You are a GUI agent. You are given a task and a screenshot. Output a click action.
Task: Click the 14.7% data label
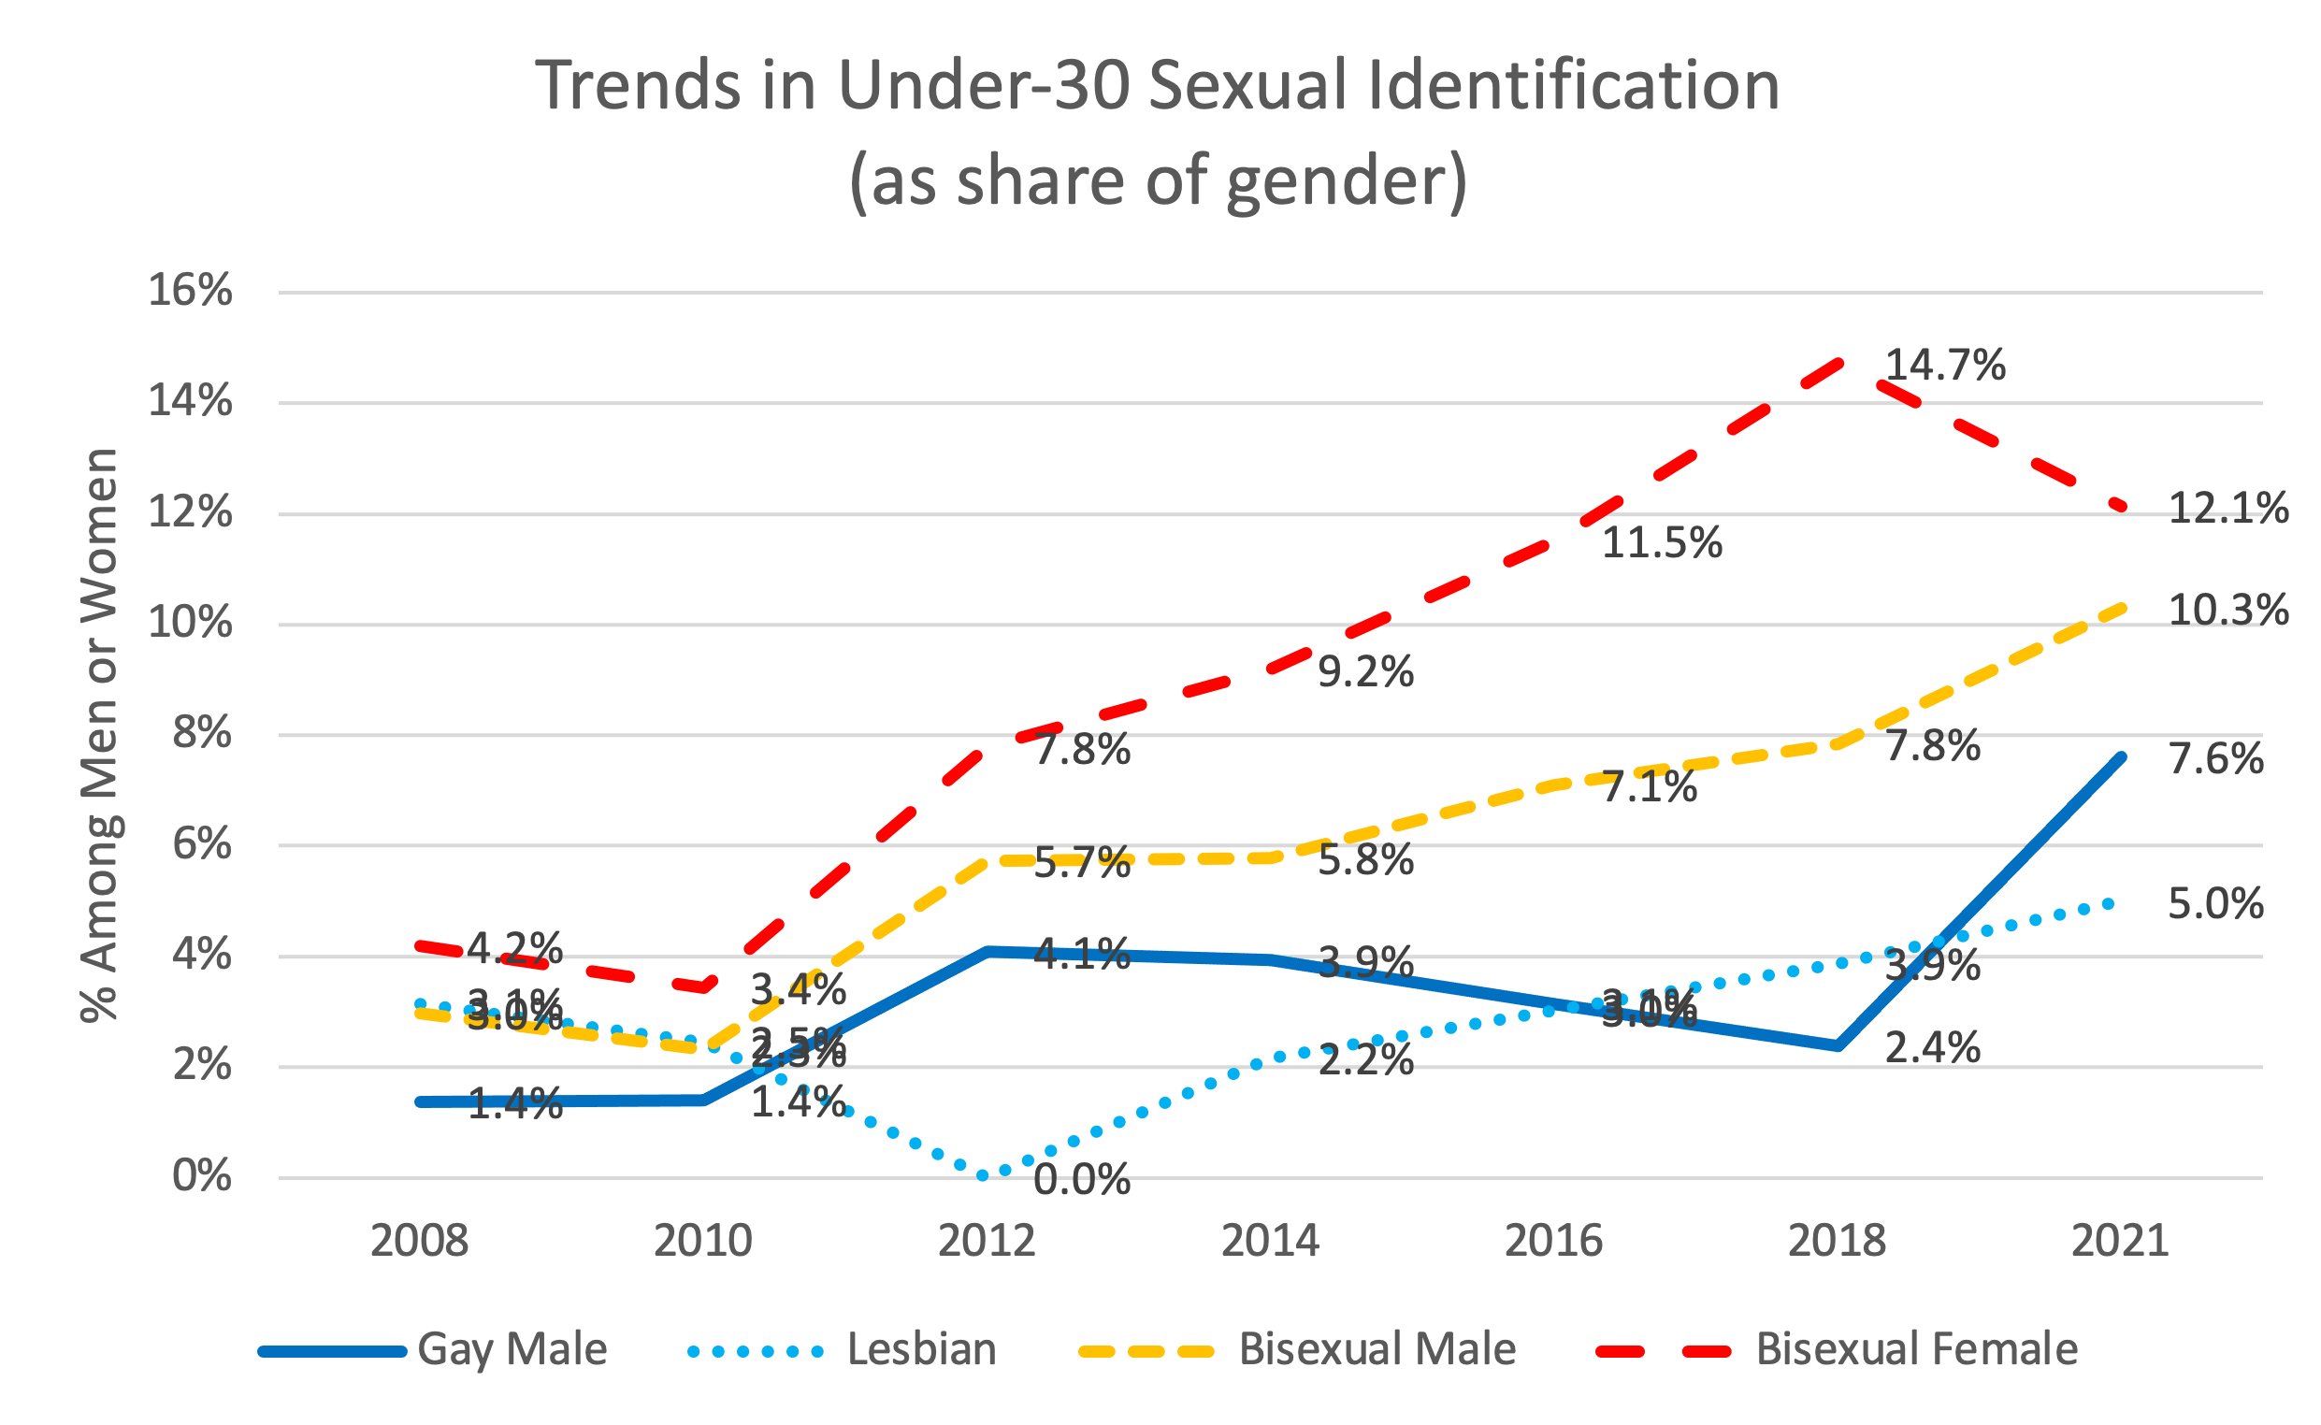(x=1944, y=366)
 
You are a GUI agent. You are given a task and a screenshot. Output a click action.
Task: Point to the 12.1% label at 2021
(x=2227, y=509)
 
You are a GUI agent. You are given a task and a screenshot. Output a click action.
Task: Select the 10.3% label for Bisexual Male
(x=2227, y=611)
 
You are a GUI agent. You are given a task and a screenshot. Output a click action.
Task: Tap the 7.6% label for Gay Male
(x=2215, y=759)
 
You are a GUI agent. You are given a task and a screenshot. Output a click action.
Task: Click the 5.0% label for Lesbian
(x=2215, y=905)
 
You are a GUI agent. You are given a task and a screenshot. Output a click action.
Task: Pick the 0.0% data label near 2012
(x=1082, y=1181)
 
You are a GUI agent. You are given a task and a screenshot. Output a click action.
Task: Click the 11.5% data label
(x=1662, y=544)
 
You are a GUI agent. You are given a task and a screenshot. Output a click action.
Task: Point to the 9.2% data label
(x=1365, y=673)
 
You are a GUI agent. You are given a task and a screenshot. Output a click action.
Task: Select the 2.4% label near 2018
(x=1933, y=1049)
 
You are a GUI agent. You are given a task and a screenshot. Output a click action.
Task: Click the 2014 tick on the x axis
(x=1270, y=1241)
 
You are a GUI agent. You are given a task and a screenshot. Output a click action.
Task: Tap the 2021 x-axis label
(x=2120, y=1241)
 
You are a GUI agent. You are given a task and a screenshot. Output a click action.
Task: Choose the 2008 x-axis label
(x=419, y=1241)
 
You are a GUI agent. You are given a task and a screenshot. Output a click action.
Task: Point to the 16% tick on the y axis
(x=190, y=290)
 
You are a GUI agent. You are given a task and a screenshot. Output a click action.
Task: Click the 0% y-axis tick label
(x=202, y=1176)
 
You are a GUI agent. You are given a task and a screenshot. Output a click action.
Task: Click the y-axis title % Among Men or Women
(x=99, y=735)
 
